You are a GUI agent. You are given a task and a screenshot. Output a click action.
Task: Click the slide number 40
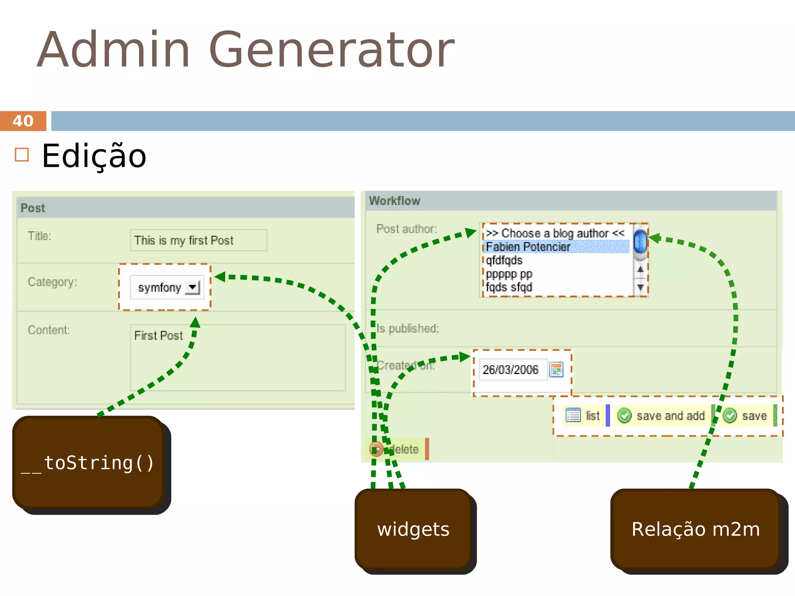pyautogui.click(x=23, y=121)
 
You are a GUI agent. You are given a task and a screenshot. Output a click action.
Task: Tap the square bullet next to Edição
pyautogui.click(x=22, y=154)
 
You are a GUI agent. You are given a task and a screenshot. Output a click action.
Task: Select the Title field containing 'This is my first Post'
pyautogui.click(x=198, y=240)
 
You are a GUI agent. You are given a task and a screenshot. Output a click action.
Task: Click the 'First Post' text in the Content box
pyautogui.click(x=158, y=335)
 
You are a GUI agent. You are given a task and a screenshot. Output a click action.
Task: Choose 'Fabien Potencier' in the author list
pyautogui.click(x=528, y=247)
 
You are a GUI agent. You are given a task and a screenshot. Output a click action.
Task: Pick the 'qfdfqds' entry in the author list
pyautogui.click(x=504, y=260)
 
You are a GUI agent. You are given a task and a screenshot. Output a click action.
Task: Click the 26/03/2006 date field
pyautogui.click(x=511, y=369)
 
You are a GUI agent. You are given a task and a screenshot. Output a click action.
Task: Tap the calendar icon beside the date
pyautogui.click(x=556, y=369)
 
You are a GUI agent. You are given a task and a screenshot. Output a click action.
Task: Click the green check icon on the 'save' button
pyautogui.click(x=730, y=416)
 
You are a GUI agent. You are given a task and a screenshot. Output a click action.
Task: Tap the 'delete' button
pyautogui.click(x=398, y=449)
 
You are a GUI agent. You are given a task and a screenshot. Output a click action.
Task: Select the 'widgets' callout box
pyautogui.click(x=413, y=529)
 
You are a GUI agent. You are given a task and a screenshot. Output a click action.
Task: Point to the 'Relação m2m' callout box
pyautogui.click(x=695, y=529)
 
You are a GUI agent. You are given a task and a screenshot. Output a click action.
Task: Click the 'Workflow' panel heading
pyautogui.click(x=394, y=201)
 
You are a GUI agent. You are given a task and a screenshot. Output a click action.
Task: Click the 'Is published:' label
pyautogui.click(x=408, y=329)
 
